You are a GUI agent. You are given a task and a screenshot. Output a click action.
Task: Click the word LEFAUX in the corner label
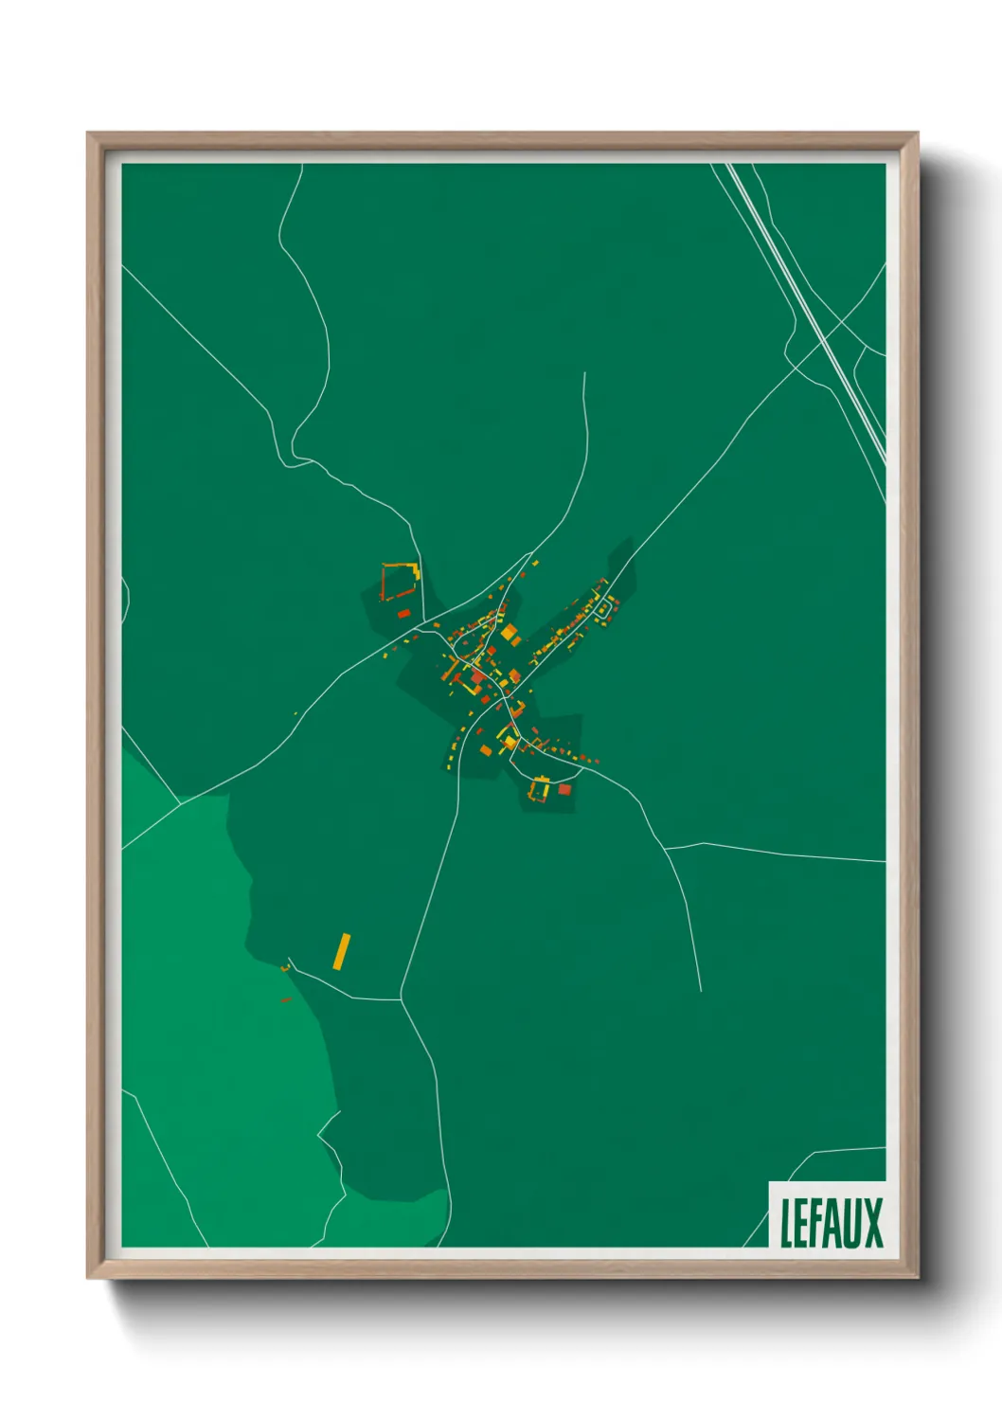click(831, 1223)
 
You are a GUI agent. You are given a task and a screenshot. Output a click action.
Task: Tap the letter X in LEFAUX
click(871, 1223)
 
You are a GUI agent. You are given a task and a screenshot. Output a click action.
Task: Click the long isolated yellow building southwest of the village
click(342, 951)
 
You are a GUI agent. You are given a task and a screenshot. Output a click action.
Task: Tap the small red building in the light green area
click(285, 998)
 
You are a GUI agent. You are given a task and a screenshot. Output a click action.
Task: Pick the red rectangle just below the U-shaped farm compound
click(403, 614)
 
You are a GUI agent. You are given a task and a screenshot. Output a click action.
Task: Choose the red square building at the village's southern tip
click(564, 789)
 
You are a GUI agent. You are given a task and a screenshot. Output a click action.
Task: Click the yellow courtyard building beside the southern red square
click(541, 789)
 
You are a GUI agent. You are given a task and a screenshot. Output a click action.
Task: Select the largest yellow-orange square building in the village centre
click(510, 632)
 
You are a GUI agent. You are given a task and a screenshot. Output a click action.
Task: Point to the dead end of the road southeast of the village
click(701, 991)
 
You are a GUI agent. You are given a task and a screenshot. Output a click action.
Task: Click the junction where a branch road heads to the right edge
click(665, 848)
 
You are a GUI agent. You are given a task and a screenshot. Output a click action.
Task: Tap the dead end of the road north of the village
click(584, 373)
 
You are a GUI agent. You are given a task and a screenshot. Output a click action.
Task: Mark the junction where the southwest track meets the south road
click(402, 998)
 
